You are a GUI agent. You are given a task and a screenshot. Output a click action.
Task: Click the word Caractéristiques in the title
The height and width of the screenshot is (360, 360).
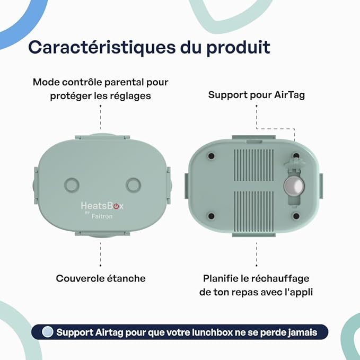(102, 48)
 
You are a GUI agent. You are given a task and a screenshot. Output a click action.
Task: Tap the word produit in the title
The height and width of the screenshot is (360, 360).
(238, 48)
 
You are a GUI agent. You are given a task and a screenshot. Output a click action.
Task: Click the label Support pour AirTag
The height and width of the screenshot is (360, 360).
(257, 95)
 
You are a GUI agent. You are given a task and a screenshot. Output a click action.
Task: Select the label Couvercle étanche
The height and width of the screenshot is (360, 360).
(101, 278)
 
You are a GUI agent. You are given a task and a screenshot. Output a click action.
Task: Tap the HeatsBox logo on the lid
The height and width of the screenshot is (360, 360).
(102, 206)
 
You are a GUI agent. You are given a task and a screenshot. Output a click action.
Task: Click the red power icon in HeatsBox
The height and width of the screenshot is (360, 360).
(117, 206)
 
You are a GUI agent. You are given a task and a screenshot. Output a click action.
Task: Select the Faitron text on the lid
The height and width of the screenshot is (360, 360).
(102, 216)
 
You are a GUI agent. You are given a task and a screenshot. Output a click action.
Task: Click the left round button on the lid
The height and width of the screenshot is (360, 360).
(72, 185)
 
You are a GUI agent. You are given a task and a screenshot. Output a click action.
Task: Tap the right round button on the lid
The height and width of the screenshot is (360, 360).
(134, 185)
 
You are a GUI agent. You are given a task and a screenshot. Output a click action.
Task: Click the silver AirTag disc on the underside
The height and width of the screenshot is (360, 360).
(294, 186)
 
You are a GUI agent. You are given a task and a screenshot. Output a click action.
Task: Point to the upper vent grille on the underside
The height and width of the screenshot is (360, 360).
(254, 165)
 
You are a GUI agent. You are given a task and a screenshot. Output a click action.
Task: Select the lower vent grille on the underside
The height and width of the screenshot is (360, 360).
(254, 208)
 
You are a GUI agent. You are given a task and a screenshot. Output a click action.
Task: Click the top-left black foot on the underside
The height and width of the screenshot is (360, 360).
(211, 156)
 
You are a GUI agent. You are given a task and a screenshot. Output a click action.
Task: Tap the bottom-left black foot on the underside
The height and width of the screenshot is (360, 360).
(211, 216)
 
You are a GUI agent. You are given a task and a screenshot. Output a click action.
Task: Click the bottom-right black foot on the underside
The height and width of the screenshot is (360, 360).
(296, 216)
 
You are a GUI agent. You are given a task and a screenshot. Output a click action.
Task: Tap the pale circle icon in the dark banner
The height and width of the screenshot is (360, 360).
(48, 332)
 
